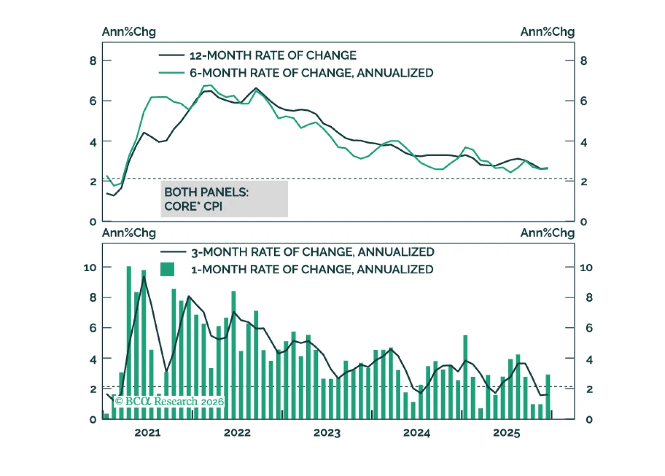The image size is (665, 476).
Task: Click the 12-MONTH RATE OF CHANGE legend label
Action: click(273, 55)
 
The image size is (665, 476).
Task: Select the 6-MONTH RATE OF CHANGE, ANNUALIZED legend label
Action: click(311, 73)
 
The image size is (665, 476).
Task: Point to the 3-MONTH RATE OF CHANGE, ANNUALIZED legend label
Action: click(313, 252)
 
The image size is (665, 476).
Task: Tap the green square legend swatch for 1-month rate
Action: click(167, 269)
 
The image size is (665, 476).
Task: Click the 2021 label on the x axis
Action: click(147, 433)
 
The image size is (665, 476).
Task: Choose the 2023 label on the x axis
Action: click(327, 433)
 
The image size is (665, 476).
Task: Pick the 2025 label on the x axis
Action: click(506, 433)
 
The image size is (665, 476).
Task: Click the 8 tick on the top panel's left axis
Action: click(93, 61)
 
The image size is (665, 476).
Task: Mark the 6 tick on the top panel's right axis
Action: click(583, 101)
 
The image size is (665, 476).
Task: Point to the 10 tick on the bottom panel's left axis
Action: click(90, 267)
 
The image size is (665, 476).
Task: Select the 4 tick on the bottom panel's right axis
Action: click(589, 359)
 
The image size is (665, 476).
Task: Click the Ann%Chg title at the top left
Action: click(129, 32)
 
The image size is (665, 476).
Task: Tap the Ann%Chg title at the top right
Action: click(547, 32)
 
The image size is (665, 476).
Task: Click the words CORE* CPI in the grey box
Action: click(193, 206)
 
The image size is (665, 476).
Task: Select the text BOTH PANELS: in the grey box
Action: click(206, 192)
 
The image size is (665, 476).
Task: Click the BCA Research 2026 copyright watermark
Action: click(169, 402)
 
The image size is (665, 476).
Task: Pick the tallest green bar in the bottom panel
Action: click(129, 341)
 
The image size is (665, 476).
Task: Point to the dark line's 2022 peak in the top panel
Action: click(256, 88)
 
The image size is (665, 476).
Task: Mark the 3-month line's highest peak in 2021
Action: click(144, 277)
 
